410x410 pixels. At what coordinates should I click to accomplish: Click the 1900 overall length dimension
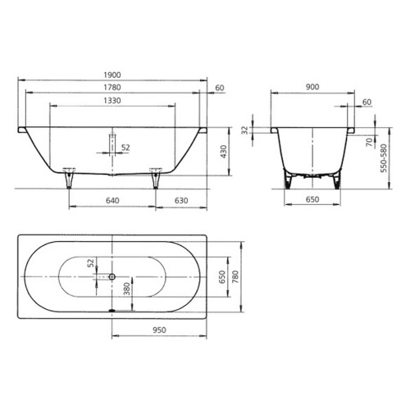(x=112, y=75)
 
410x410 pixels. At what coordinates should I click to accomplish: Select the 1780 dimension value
(x=112, y=88)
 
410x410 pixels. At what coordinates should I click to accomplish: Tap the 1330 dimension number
(x=112, y=101)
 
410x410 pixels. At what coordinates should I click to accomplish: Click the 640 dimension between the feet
(x=112, y=199)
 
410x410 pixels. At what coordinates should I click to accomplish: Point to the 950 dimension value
(x=160, y=330)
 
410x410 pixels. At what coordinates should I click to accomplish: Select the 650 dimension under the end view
(x=311, y=199)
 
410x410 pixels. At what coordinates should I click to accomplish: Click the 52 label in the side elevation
(x=125, y=148)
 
